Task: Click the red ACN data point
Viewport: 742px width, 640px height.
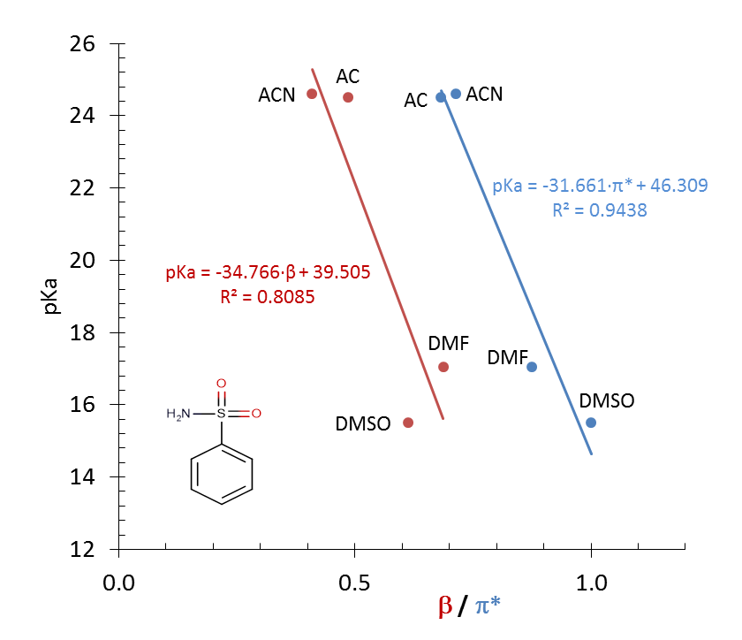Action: (x=312, y=94)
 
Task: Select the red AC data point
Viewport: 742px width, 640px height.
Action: (x=348, y=97)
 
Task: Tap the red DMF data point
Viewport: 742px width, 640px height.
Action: (x=443, y=367)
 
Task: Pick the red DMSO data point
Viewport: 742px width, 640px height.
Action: (x=408, y=423)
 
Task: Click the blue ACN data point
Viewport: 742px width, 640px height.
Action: (x=456, y=94)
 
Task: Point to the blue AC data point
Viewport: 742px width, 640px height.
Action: (x=441, y=97)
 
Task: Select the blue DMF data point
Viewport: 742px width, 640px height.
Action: (x=532, y=367)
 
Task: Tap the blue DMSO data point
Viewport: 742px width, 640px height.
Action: (x=591, y=423)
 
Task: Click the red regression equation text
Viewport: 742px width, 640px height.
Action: (x=268, y=272)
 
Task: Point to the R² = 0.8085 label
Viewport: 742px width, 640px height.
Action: (x=268, y=297)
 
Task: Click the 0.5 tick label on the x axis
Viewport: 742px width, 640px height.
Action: (x=353, y=583)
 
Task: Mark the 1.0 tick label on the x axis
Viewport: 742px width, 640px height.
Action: (x=591, y=583)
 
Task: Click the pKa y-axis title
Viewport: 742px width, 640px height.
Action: (x=53, y=296)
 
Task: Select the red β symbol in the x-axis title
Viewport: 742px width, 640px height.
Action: (x=445, y=606)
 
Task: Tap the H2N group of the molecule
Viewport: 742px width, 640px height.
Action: (x=178, y=414)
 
